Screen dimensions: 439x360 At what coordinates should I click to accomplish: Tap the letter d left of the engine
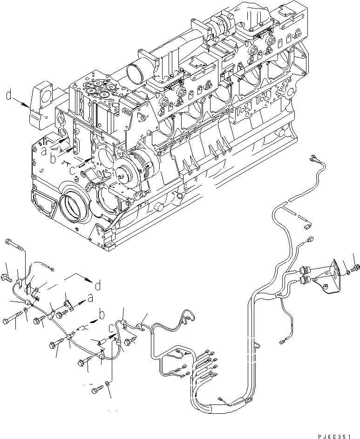pos(8,96)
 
